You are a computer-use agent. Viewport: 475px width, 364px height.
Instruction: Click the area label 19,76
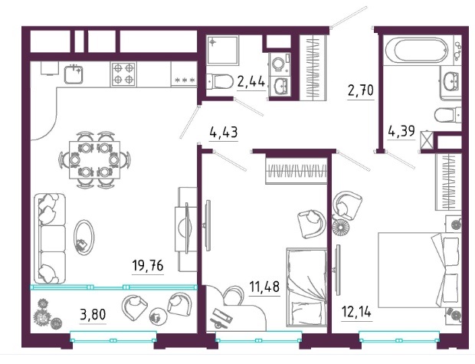tap(148, 266)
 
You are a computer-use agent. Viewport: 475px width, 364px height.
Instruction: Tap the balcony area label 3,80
tap(93, 314)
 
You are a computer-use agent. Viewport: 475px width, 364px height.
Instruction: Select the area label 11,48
tap(264, 287)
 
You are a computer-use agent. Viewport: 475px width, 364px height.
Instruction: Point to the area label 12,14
tap(356, 311)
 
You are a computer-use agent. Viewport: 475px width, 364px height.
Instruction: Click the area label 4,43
tap(224, 132)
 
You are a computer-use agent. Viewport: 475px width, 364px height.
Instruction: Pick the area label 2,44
tap(251, 81)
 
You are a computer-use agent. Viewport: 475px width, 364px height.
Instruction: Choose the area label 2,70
tap(361, 90)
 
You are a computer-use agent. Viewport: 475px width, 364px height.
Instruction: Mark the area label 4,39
tap(401, 131)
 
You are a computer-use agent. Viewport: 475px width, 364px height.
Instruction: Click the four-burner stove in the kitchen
tap(123, 74)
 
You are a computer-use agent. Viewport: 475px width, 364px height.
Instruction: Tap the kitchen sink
tap(74, 74)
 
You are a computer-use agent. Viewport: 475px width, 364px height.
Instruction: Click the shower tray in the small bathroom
tap(223, 50)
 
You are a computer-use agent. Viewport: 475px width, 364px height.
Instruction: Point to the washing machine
tap(280, 64)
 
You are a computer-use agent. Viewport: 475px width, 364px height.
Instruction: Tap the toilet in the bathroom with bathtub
tap(447, 115)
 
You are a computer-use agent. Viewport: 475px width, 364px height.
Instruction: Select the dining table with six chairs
tap(94, 159)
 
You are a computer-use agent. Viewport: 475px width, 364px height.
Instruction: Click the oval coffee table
tap(84, 238)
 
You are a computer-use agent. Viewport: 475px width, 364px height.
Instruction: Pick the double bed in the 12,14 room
tap(420, 270)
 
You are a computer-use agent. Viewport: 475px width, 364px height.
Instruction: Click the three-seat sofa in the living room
tap(50, 238)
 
